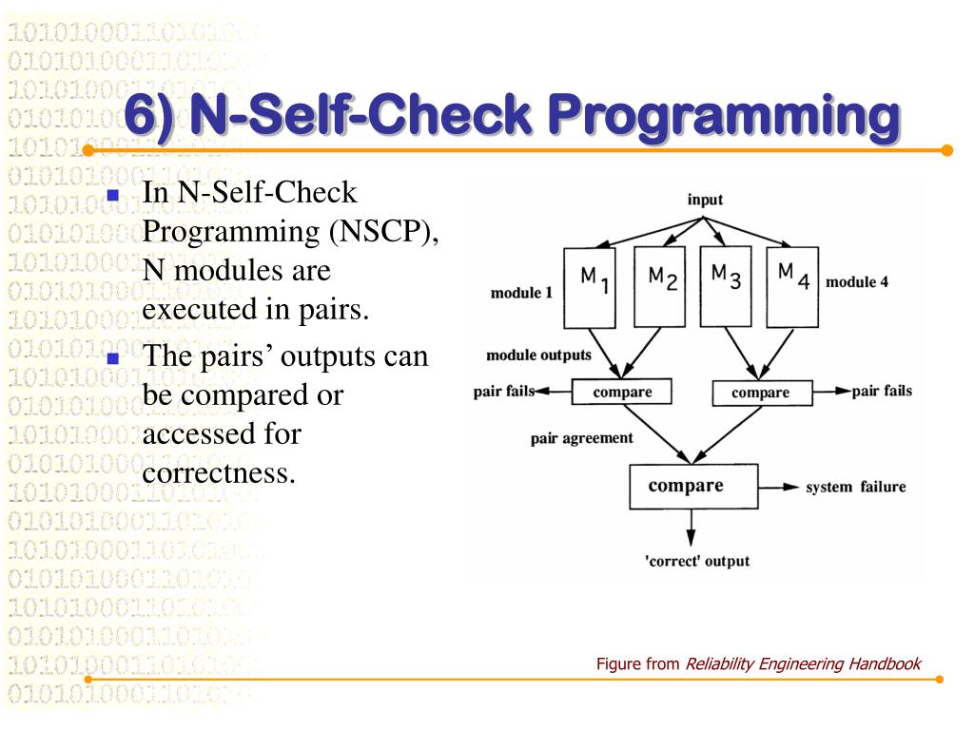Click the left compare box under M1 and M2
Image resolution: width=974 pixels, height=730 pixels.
(x=620, y=391)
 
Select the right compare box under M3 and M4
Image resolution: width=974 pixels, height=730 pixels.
(x=762, y=393)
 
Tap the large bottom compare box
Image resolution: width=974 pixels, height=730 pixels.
(x=693, y=486)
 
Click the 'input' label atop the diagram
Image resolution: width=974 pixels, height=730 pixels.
(x=705, y=200)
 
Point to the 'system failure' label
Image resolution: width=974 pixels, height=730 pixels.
(x=855, y=488)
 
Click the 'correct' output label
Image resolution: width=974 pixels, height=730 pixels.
(x=697, y=560)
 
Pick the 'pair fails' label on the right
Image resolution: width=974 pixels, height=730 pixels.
(x=882, y=391)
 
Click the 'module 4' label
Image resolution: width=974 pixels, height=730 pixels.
(x=864, y=282)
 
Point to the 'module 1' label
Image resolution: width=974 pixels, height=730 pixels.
(x=521, y=293)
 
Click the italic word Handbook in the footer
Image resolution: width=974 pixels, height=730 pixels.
(x=886, y=663)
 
